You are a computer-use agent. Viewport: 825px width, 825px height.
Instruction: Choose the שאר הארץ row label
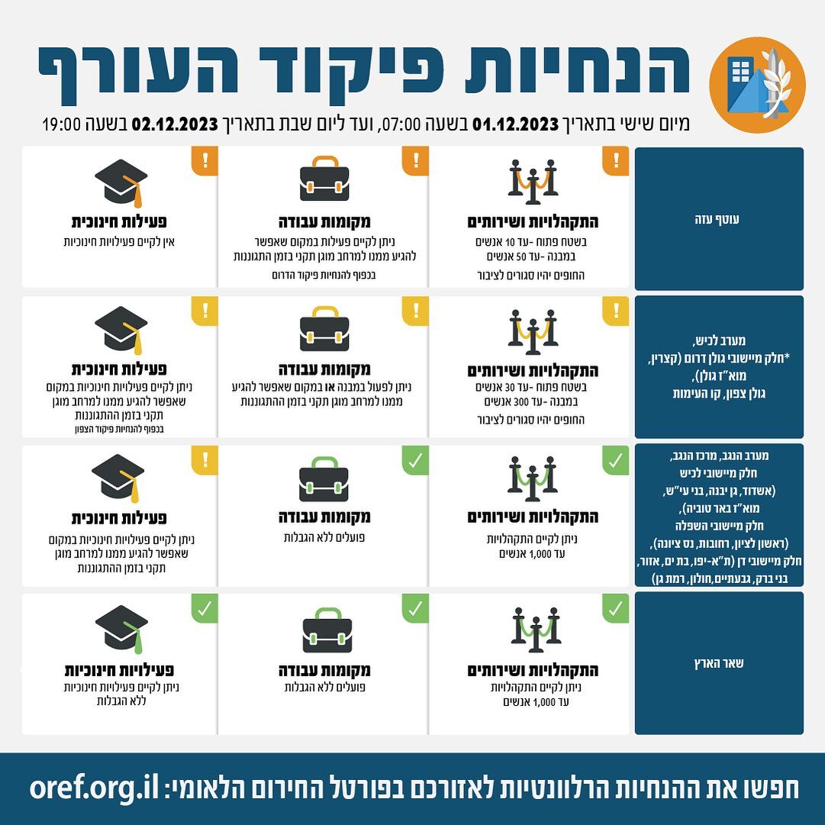720,663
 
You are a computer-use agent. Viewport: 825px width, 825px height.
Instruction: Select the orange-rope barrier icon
532,182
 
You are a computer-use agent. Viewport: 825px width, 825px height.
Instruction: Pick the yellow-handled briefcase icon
324,329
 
